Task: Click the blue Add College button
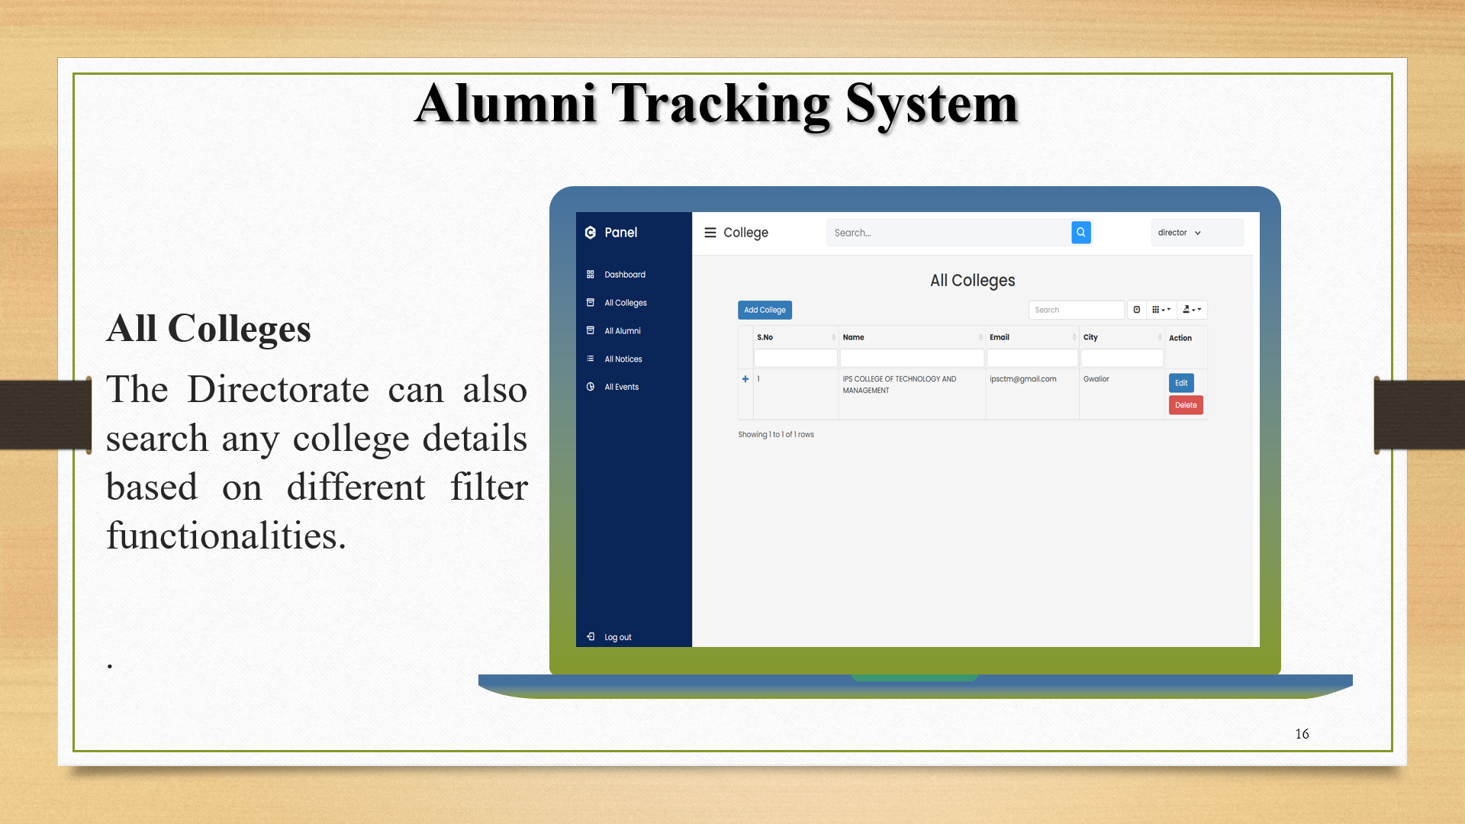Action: (x=765, y=310)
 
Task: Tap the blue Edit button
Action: (x=1181, y=383)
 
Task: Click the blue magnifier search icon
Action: (x=1080, y=233)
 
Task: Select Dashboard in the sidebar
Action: (x=624, y=275)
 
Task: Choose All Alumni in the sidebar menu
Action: (x=622, y=331)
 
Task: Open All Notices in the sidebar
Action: (x=623, y=359)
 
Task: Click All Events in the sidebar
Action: (x=621, y=388)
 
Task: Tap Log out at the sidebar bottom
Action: (x=617, y=637)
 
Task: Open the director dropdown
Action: (x=1179, y=233)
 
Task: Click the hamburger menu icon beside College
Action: (x=710, y=233)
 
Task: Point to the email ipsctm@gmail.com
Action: (x=1022, y=379)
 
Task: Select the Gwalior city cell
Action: (x=1096, y=379)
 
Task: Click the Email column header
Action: (x=1000, y=337)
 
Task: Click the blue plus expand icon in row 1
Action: (x=745, y=379)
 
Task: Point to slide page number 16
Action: (x=1302, y=734)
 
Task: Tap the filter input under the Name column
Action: (x=911, y=358)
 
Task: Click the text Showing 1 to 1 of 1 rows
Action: (x=775, y=435)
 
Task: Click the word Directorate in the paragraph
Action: (x=278, y=390)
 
